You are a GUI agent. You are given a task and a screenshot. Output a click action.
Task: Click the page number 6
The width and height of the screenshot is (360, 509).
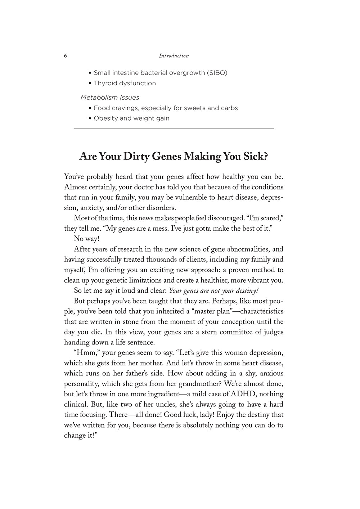66,56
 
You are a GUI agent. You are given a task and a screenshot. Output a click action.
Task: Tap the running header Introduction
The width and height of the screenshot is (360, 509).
174,56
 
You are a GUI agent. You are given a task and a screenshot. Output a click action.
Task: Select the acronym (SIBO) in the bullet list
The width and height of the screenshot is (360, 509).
217,73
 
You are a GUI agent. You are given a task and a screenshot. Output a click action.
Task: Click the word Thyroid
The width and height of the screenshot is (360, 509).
104,83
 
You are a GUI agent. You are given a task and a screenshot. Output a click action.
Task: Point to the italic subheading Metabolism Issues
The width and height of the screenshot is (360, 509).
110,98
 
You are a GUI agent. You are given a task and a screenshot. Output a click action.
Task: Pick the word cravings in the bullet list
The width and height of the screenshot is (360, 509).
124,108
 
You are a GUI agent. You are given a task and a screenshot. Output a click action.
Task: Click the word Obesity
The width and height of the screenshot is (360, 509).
106,118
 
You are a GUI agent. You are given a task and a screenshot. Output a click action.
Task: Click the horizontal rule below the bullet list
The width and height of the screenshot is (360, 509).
174,129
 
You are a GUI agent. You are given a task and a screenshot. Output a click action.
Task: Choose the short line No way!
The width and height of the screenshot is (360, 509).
86,239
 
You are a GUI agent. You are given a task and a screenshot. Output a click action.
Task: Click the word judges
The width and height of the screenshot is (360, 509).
273,332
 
